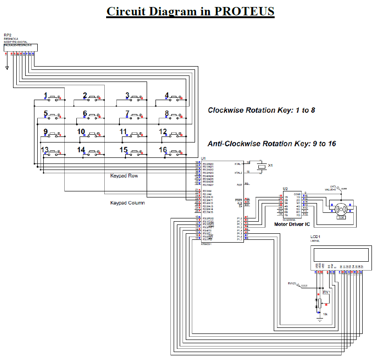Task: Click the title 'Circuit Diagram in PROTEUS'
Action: (x=190, y=11)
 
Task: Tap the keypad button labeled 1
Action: (x=55, y=98)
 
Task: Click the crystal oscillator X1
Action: (x=262, y=166)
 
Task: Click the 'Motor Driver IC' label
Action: (x=292, y=224)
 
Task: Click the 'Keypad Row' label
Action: (x=124, y=176)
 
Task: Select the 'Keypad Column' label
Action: (x=127, y=203)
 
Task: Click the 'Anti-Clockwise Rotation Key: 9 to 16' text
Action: (x=271, y=144)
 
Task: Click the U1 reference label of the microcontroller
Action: (x=203, y=159)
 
